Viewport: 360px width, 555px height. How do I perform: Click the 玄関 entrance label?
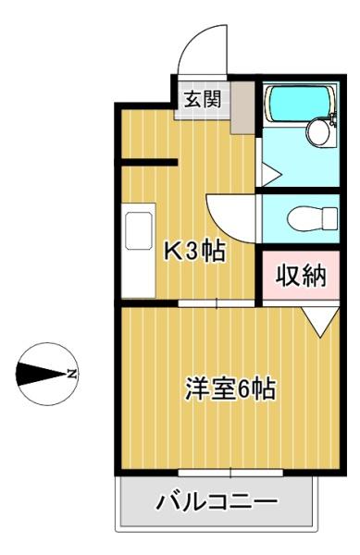pos(203,100)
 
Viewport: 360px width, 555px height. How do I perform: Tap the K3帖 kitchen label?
pos(194,252)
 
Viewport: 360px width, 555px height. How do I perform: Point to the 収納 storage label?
pos(301,276)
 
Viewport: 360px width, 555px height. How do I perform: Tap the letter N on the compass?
pos(72,374)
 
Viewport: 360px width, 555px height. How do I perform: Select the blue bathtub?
pos(301,103)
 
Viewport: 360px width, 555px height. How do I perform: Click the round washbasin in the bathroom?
pos(319,131)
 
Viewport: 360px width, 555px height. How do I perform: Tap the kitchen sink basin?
pos(139,230)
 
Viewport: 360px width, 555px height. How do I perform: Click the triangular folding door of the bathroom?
pos(271,174)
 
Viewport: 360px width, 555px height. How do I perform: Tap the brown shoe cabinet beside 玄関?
pos(242,107)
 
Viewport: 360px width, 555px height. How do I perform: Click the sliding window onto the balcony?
pos(230,473)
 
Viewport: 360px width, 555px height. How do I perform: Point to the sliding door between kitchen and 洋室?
pos(217,303)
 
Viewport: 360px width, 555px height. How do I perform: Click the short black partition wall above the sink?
pos(149,162)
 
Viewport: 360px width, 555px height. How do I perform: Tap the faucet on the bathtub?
pos(333,119)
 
